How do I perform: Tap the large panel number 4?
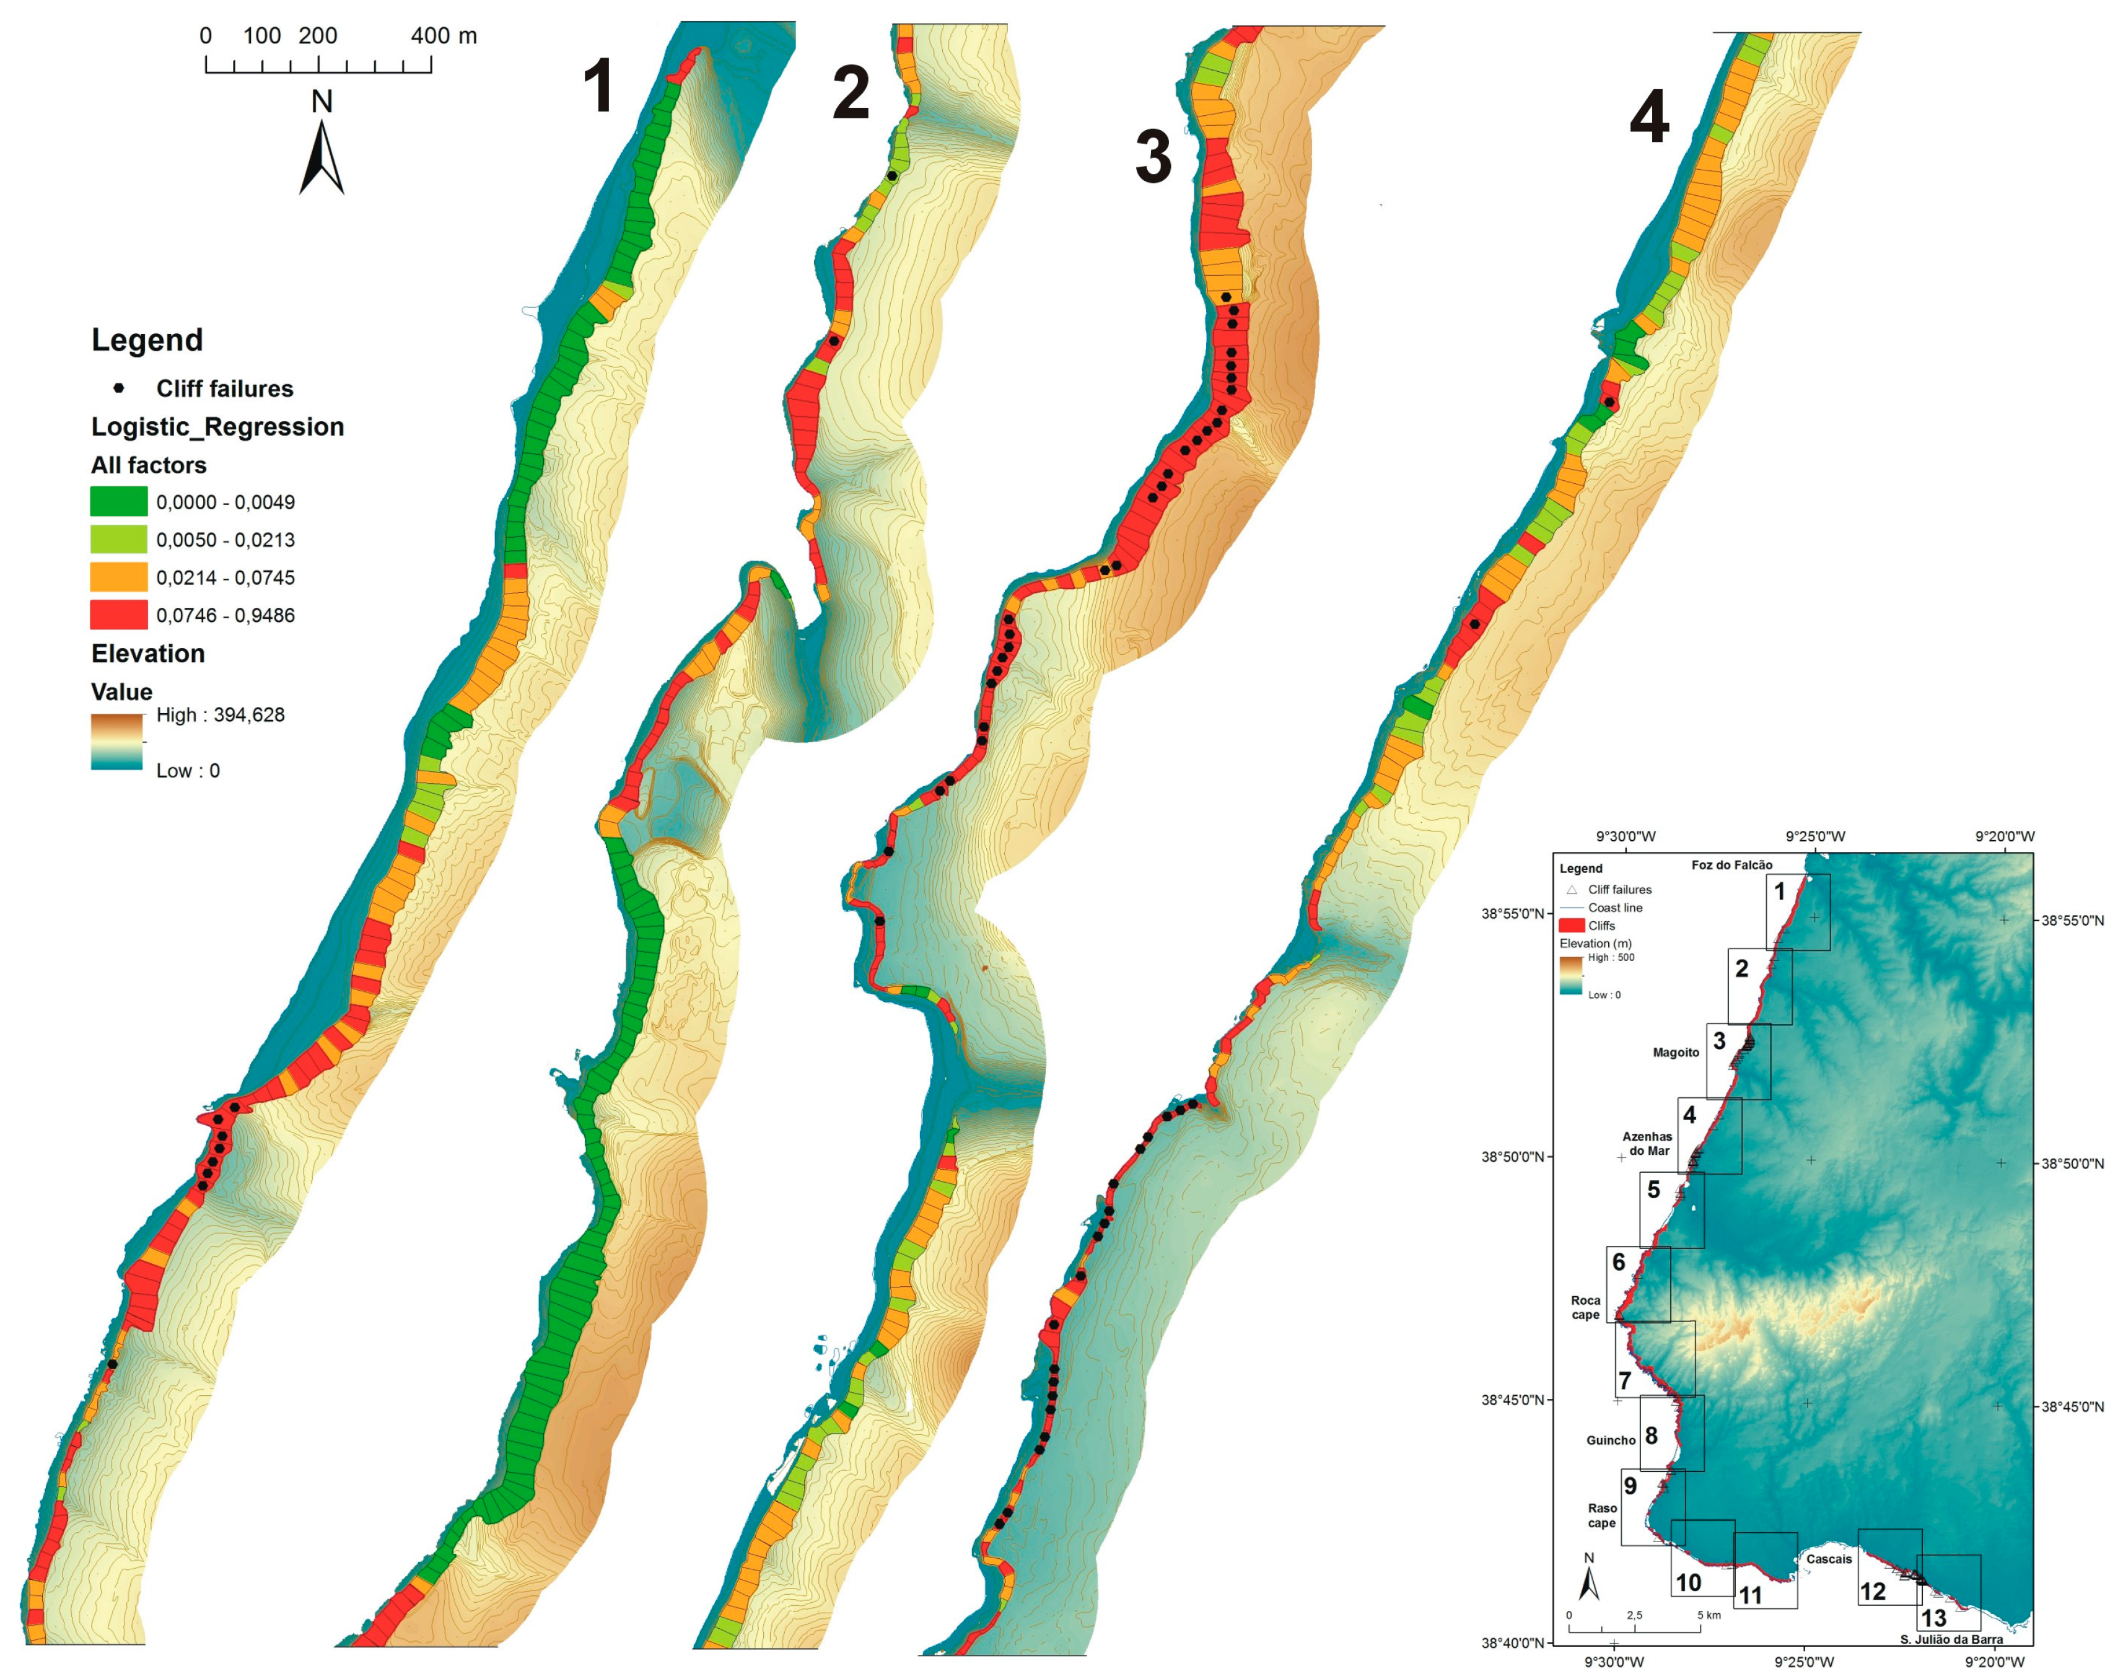click(x=1650, y=118)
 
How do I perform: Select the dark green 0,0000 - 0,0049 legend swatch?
click(x=119, y=502)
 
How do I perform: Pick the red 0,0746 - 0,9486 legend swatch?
click(x=119, y=615)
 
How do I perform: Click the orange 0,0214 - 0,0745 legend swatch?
click(x=119, y=577)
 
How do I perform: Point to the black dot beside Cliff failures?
click(x=119, y=388)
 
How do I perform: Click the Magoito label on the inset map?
click(x=1675, y=1052)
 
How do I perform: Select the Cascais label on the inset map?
click(x=1828, y=1559)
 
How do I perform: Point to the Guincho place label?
click(x=1610, y=1440)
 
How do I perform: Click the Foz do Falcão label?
click(x=1732, y=866)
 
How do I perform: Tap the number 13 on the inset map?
click(x=1933, y=1618)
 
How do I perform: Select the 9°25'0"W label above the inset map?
click(x=1816, y=837)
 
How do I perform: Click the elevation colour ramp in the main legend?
click(x=117, y=742)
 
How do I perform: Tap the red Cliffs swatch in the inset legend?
click(x=1572, y=926)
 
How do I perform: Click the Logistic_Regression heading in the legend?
click(x=217, y=426)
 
